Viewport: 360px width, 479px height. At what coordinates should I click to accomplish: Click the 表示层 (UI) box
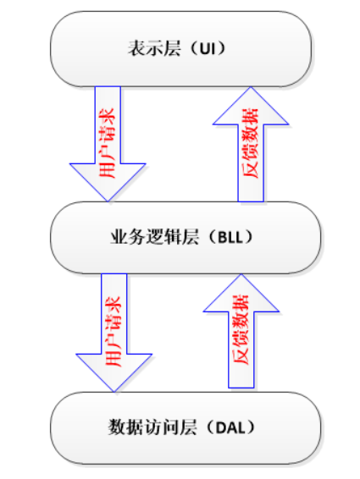click(x=180, y=49)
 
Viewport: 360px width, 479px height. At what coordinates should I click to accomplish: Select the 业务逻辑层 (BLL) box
click(x=186, y=237)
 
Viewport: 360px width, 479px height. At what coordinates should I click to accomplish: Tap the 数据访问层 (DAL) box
click(x=186, y=427)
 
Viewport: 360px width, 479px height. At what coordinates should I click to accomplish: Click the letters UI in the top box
click(x=208, y=48)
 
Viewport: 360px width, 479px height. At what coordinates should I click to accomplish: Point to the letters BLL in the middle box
click(x=230, y=237)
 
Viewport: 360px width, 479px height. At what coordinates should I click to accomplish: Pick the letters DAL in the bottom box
click(x=230, y=427)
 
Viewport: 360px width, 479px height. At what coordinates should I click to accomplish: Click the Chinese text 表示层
click(x=154, y=48)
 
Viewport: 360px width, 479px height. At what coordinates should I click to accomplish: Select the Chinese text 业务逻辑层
click(x=154, y=237)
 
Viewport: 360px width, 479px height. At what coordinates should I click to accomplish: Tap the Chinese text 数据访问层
click(x=152, y=427)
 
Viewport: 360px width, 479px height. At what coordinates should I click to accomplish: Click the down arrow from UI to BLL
click(x=108, y=144)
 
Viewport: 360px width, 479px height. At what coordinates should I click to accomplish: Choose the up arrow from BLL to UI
click(x=251, y=144)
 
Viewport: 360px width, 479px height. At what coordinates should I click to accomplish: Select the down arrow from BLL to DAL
click(x=114, y=333)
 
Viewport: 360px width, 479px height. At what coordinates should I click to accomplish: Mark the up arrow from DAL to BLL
click(x=241, y=331)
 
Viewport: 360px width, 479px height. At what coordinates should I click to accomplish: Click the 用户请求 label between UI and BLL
click(x=107, y=143)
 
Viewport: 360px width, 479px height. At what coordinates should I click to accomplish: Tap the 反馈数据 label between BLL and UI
click(x=250, y=143)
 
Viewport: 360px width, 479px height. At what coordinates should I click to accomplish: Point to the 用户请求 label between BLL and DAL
click(x=114, y=331)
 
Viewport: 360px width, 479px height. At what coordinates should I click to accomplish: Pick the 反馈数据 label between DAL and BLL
click(x=241, y=330)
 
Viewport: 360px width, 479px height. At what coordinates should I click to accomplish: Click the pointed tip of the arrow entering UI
click(x=251, y=87)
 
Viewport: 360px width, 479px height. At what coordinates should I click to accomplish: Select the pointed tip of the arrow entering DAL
click(x=114, y=392)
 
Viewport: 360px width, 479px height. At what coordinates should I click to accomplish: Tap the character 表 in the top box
click(x=136, y=48)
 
